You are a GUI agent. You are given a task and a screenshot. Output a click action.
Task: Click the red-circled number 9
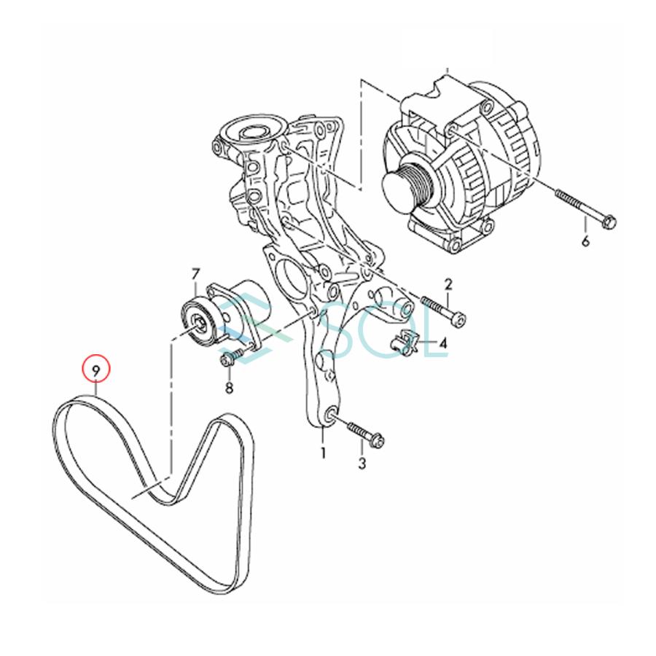point(95,370)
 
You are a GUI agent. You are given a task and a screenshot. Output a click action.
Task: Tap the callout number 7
point(195,274)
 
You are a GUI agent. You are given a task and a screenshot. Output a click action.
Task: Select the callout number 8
point(229,388)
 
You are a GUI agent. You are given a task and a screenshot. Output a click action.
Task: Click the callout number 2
point(448,284)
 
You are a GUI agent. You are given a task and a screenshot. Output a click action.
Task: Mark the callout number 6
point(585,241)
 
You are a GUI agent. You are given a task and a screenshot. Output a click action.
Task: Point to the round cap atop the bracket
point(251,131)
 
